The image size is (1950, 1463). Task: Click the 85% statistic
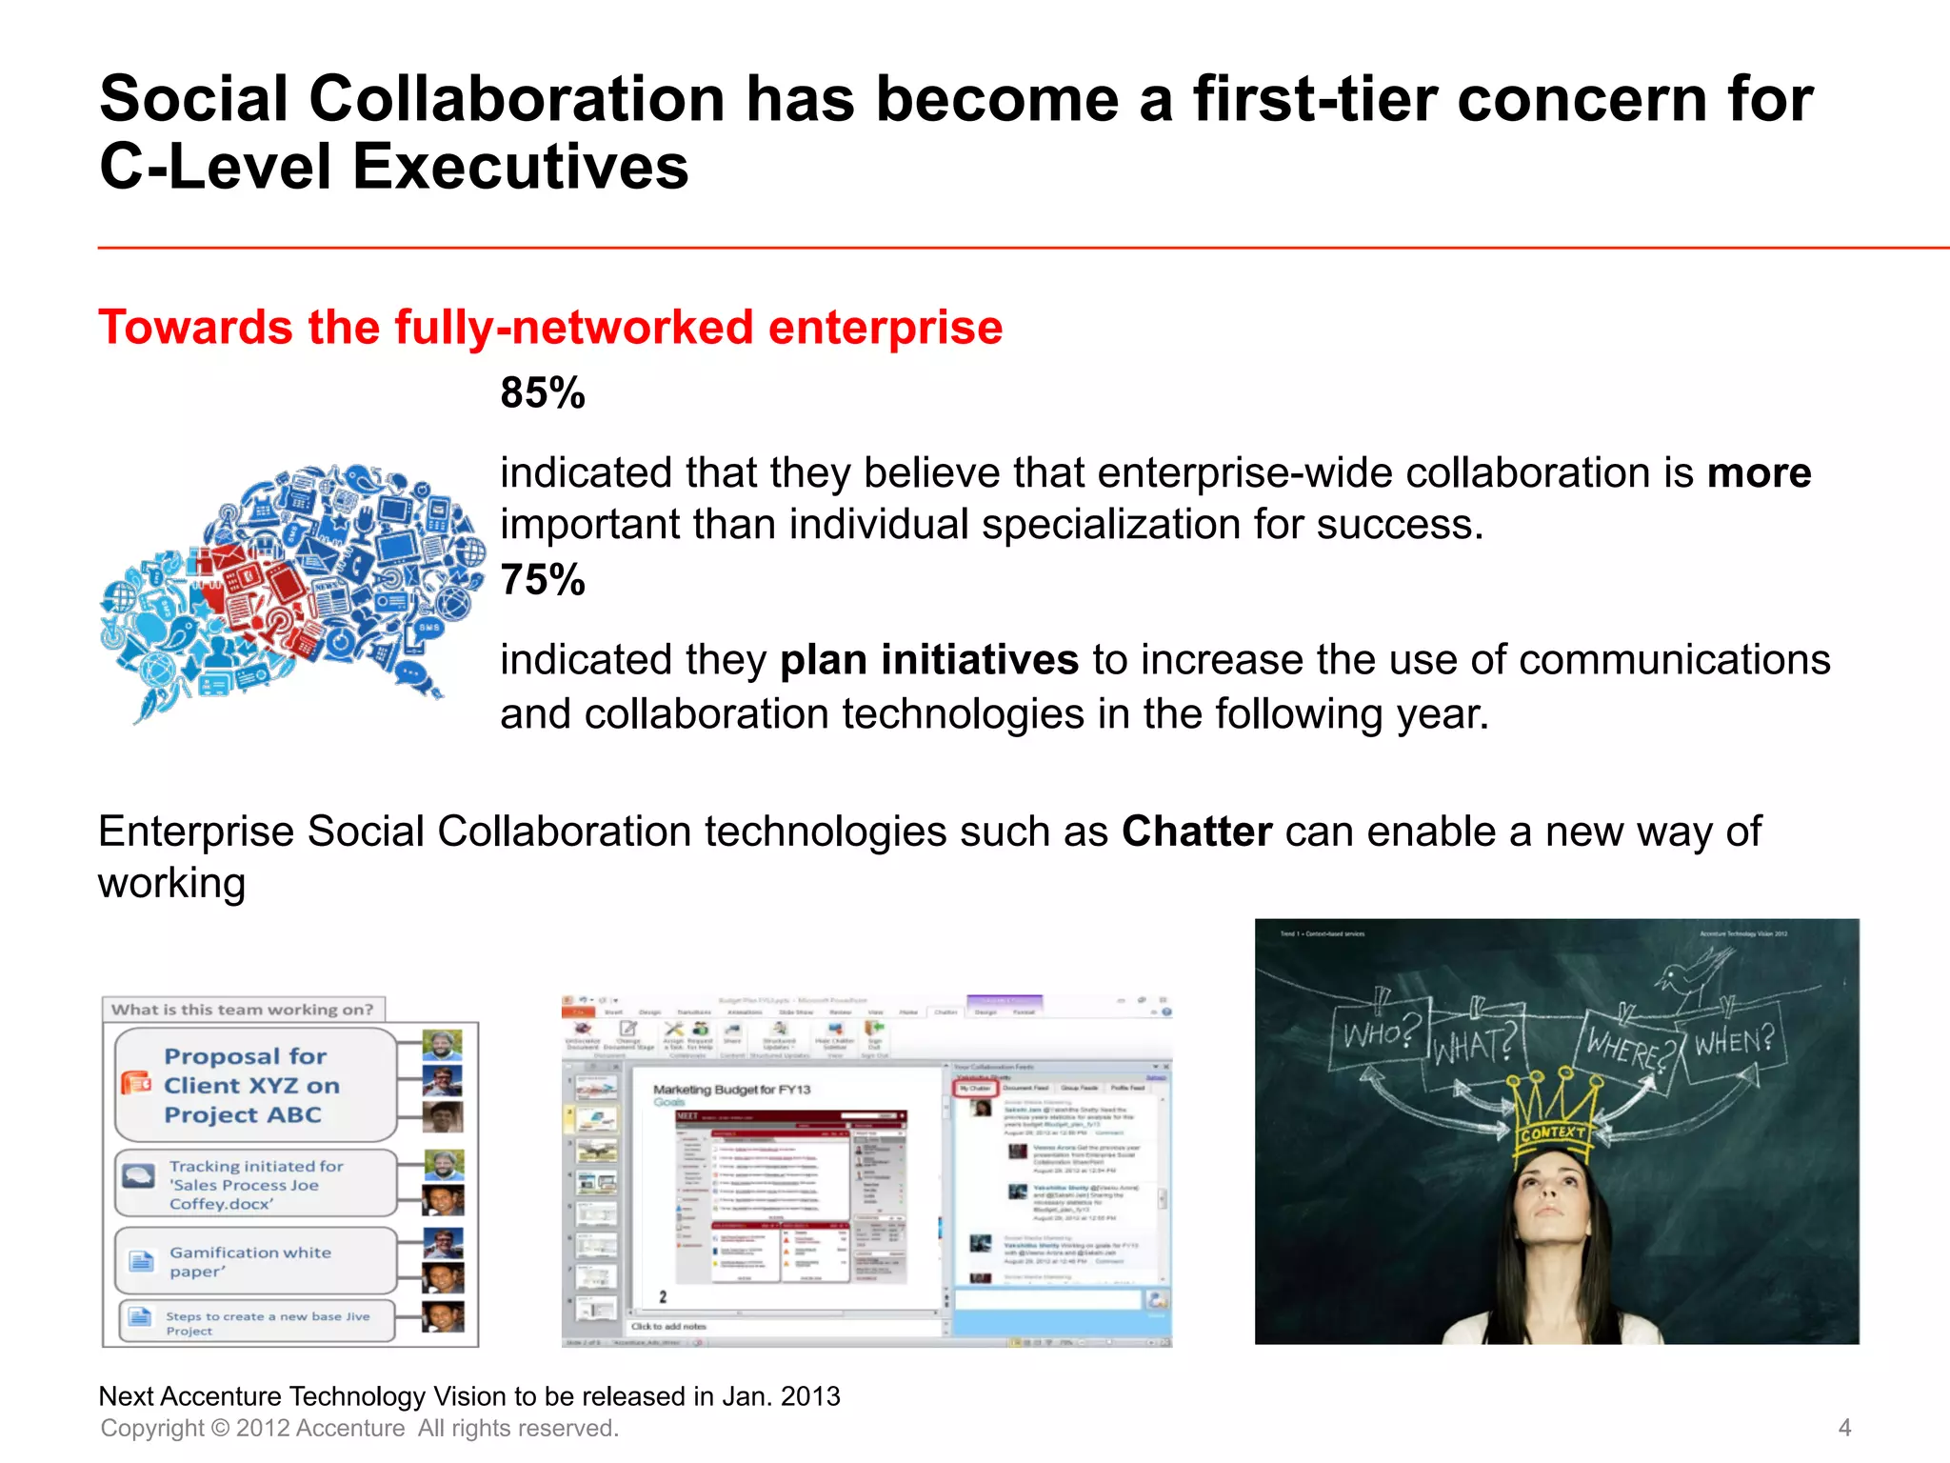[x=543, y=393]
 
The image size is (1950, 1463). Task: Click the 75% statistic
[x=543, y=580]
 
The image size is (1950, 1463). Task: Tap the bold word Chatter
[x=1196, y=832]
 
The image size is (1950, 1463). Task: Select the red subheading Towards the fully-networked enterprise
[x=550, y=328]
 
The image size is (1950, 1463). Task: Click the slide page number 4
[x=1844, y=1427]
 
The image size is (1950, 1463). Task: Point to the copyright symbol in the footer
[x=220, y=1428]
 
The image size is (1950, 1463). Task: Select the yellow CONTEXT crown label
[x=1553, y=1132]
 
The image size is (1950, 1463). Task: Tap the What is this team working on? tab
[x=243, y=1010]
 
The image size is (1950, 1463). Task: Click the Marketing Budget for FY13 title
[x=731, y=1090]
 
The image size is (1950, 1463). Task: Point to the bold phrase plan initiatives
[x=928, y=659]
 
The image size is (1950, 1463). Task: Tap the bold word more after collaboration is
[x=1759, y=473]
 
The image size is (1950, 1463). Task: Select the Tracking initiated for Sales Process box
[x=255, y=1184]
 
